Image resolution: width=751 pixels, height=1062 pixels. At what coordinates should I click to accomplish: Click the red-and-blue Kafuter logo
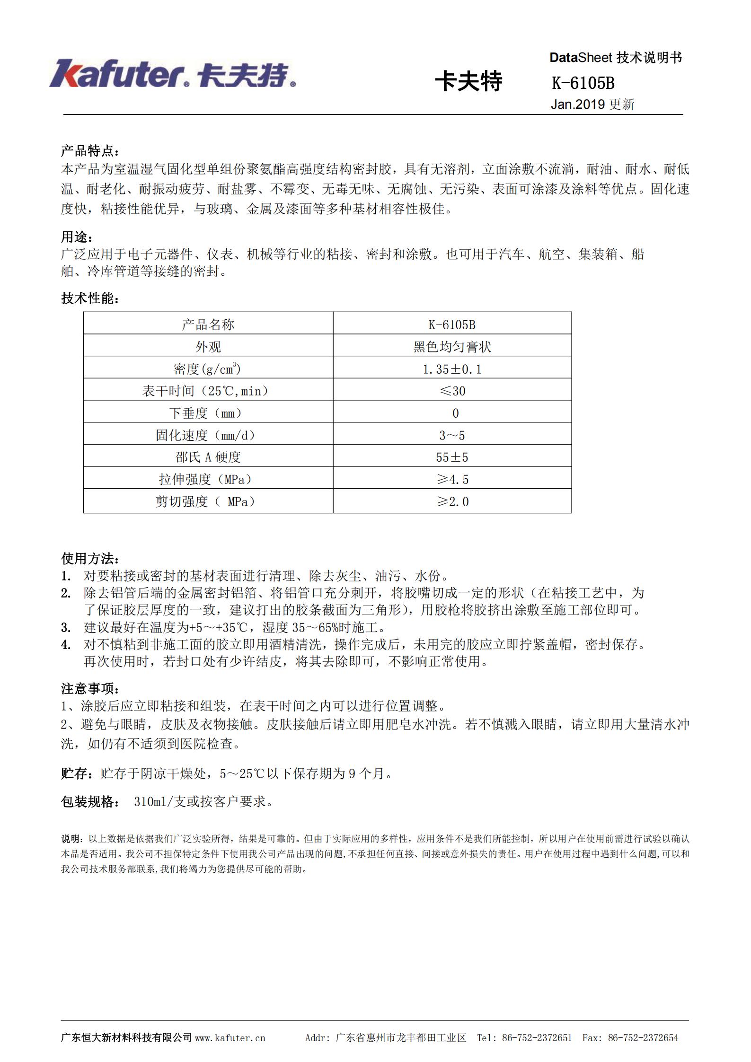click(x=173, y=74)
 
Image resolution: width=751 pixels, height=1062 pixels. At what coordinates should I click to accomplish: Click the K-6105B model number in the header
click(x=583, y=83)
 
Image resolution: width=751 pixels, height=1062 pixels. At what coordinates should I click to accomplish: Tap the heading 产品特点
click(x=90, y=151)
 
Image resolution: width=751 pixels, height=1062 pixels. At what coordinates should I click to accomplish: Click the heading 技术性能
click(x=90, y=298)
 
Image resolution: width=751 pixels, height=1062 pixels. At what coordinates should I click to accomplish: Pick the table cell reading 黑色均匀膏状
click(x=452, y=347)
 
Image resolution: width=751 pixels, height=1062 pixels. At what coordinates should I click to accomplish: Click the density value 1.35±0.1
click(x=452, y=369)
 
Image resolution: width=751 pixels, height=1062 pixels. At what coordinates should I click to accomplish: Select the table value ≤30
click(x=452, y=391)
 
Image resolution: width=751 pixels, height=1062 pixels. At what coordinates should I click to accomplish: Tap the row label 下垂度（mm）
click(x=208, y=413)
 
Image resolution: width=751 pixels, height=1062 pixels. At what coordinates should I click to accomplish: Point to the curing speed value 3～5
click(x=452, y=435)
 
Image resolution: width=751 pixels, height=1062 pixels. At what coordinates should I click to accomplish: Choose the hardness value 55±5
click(x=452, y=457)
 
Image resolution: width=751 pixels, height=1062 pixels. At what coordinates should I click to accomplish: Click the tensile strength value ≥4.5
click(x=452, y=479)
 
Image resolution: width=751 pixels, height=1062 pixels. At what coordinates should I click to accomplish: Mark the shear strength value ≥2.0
click(x=452, y=501)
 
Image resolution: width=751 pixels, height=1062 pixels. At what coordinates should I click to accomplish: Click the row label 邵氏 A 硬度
click(x=208, y=457)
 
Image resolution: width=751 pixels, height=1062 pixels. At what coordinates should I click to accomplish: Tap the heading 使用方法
click(x=90, y=559)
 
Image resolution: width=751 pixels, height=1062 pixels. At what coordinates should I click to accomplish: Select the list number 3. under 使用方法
click(x=66, y=628)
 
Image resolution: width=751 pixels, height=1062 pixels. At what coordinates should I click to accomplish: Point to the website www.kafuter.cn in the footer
click(x=230, y=1038)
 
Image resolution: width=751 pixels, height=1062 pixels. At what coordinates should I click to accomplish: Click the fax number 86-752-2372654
click(x=643, y=1038)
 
